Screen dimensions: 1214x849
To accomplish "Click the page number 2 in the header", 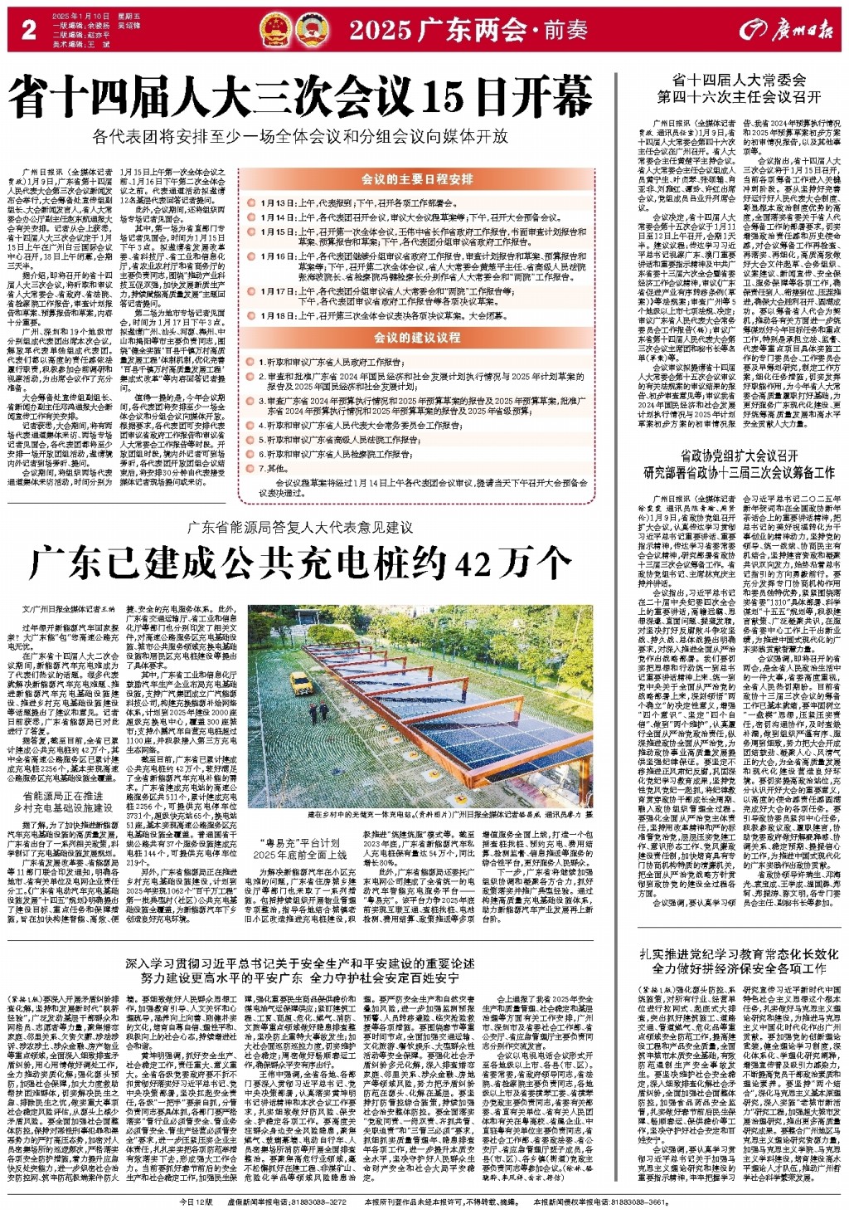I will click(x=28, y=30).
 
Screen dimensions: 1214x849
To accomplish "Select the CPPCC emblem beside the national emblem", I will click(x=313, y=31).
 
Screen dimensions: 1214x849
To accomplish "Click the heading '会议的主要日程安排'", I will click(x=417, y=178).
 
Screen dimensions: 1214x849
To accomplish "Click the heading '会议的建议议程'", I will click(x=417, y=338).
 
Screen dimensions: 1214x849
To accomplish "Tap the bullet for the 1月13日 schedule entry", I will click(x=253, y=202).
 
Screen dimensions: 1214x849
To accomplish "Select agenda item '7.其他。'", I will click(x=274, y=468).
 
